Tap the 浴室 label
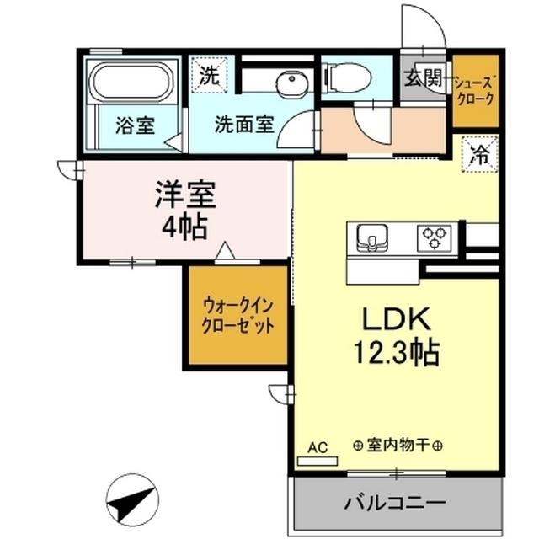(x=134, y=127)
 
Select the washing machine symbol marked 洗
(x=208, y=73)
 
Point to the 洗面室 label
(x=243, y=125)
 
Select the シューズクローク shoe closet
(x=474, y=91)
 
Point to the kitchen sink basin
(x=371, y=237)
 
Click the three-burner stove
(x=436, y=237)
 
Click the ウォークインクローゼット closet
(x=237, y=315)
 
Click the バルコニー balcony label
(x=394, y=503)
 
